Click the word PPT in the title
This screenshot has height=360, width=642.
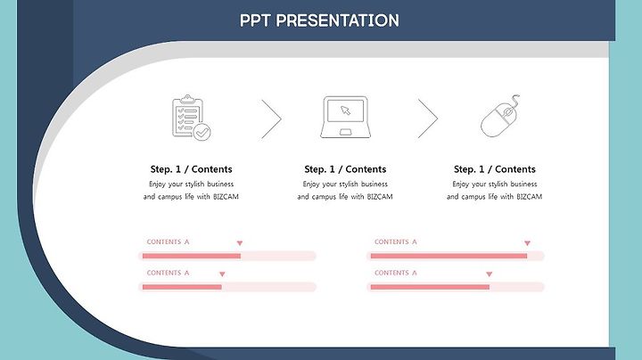(255, 20)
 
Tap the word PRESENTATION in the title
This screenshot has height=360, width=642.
(337, 20)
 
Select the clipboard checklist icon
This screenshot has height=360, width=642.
(191, 118)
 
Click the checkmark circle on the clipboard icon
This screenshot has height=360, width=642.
(202, 132)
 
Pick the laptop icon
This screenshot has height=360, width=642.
(346, 117)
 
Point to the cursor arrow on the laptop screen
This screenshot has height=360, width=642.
(346, 110)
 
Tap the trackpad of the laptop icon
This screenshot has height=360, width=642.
(346, 132)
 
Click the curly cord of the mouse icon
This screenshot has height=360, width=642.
(515, 100)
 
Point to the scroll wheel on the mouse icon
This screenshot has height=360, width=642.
(507, 111)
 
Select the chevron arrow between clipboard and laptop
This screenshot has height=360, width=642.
(271, 119)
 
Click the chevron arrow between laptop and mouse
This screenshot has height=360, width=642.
(428, 119)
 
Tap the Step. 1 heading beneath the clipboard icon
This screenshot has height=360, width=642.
(191, 169)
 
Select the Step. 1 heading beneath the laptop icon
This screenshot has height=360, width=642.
(345, 169)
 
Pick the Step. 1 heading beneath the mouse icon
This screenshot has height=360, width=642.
(495, 169)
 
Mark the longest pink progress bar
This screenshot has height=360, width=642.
(449, 256)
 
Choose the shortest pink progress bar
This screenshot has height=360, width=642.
(182, 287)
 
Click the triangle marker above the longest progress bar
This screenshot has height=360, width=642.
(527, 243)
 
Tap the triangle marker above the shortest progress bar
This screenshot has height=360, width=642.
(222, 274)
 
